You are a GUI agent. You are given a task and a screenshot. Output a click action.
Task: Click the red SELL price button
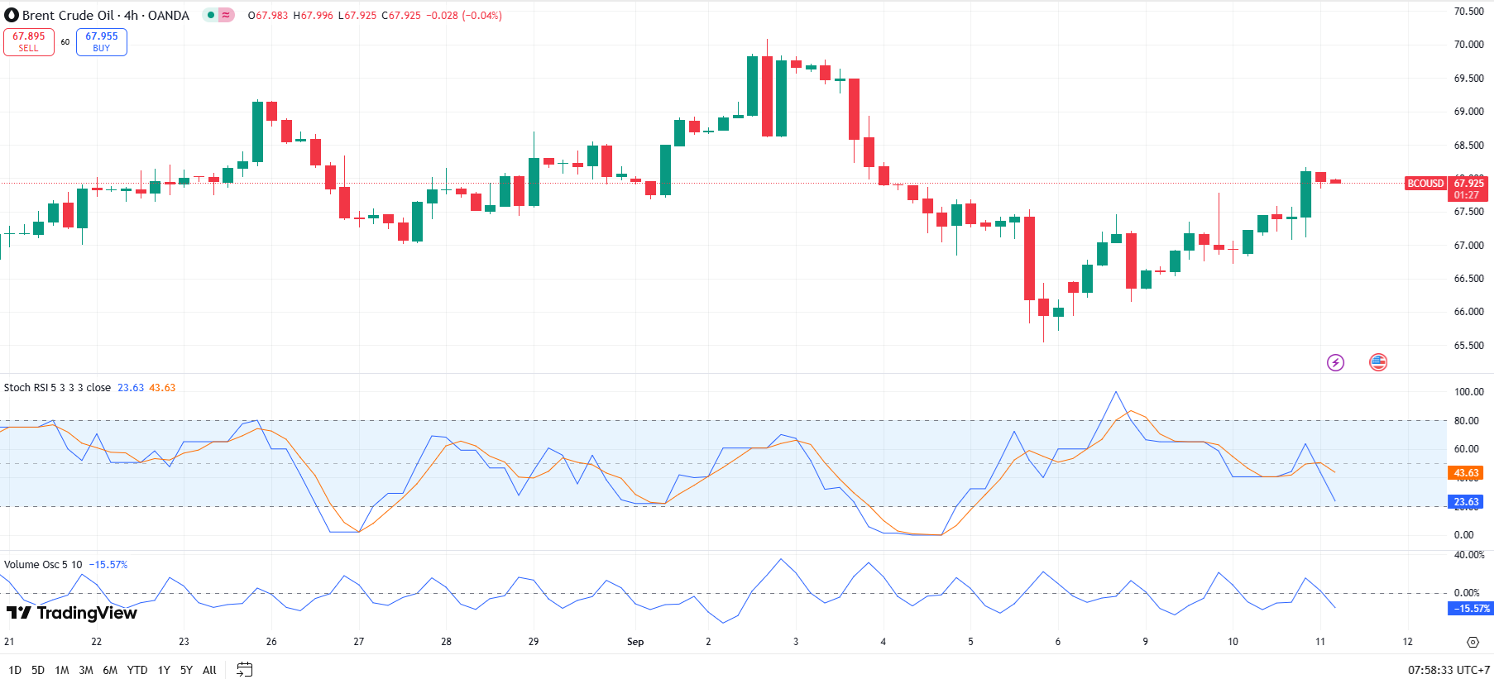pyautogui.click(x=29, y=41)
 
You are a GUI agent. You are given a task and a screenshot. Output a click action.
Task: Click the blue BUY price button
pyautogui.click(x=101, y=41)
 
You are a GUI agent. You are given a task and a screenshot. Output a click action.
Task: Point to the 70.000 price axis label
pyautogui.click(x=1468, y=45)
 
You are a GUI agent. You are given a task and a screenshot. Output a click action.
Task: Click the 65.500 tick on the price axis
pyautogui.click(x=1468, y=346)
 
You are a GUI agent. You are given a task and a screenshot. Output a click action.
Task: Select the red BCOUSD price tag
pyautogui.click(x=1425, y=184)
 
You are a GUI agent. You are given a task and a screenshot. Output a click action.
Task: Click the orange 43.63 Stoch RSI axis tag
pyautogui.click(x=1466, y=473)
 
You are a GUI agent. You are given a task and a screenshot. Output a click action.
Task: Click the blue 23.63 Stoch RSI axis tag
pyautogui.click(x=1466, y=502)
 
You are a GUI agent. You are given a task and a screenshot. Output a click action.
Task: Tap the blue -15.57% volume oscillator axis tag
pyautogui.click(x=1470, y=609)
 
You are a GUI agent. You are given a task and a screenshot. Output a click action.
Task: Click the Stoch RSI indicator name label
pyautogui.click(x=57, y=388)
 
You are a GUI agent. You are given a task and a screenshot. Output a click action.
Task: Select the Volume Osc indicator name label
pyautogui.click(x=43, y=565)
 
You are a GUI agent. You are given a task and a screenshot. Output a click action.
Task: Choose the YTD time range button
pyautogui.click(x=137, y=670)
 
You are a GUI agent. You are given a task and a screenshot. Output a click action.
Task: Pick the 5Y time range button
pyautogui.click(x=186, y=670)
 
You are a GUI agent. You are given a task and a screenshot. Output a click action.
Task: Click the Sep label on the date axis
pyautogui.click(x=635, y=642)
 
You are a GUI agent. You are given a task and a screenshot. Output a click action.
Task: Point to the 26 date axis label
pyautogui.click(x=271, y=642)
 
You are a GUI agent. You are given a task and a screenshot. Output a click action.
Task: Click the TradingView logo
pyautogui.click(x=72, y=613)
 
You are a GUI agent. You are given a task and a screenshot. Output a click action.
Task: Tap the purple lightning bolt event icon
pyautogui.click(x=1335, y=362)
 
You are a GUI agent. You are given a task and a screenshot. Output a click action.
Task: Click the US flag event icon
pyautogui.click(x=1378, y=362)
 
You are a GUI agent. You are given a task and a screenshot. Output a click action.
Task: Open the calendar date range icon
pyautogui.click(x=244, y=670)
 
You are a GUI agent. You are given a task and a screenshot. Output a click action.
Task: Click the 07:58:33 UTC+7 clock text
pyautogui.click(x=1449, y=670)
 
